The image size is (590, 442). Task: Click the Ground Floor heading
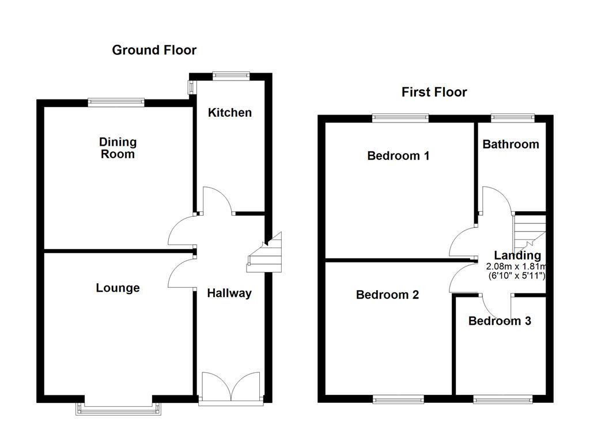[x=154, y=50]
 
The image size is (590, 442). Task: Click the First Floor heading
[x=434, y=92]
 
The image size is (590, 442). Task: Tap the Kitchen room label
[x=229, y=112]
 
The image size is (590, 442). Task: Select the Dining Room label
[x=118, y=148]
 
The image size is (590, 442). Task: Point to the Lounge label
[x=118, y=288]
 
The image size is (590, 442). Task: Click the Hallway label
[x=229, y=293]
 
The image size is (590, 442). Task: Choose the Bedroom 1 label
[x=398, y=155]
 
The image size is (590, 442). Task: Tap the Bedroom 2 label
[x=387, y=295]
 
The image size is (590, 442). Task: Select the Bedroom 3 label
[x=500, y=321]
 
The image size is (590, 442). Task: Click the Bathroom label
[x=510, y=144]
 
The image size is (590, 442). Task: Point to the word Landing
[x=517, y=256]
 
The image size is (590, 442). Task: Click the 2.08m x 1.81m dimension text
[x=515, y=266]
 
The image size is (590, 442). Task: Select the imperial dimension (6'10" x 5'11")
[x=515, y=276]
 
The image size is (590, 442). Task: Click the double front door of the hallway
[x=230, y=387]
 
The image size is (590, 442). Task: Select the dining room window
[x=116, y=103]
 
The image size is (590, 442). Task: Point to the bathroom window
[x=512, y=119]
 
